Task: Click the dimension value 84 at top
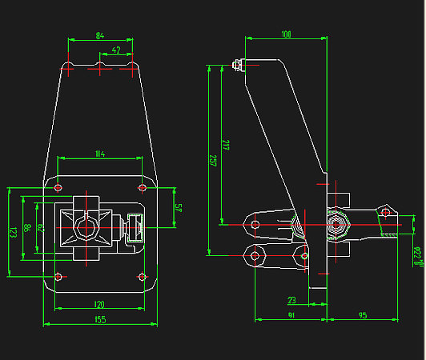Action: (x=99, y=35)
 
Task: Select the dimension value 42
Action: (x=116, y=50)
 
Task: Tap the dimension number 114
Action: (x=99, y=153)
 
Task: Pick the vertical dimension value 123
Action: (x=13, y=233)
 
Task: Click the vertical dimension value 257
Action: (x=212, y=159)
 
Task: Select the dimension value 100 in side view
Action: (x=286, y=34)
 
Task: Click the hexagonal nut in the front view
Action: (x=85, y=228)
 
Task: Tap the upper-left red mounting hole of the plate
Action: (x=58, y=187)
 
